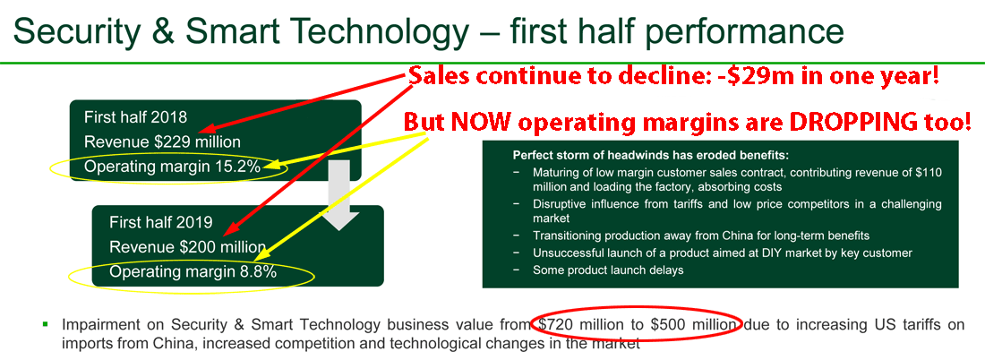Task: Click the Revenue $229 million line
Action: (x=162, y=142)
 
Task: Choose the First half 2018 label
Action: (x=136, y=117)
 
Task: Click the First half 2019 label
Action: (x=161, y=222)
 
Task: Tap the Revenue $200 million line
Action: (x=187, y=247)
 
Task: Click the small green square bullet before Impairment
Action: (x=46, y=324)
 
